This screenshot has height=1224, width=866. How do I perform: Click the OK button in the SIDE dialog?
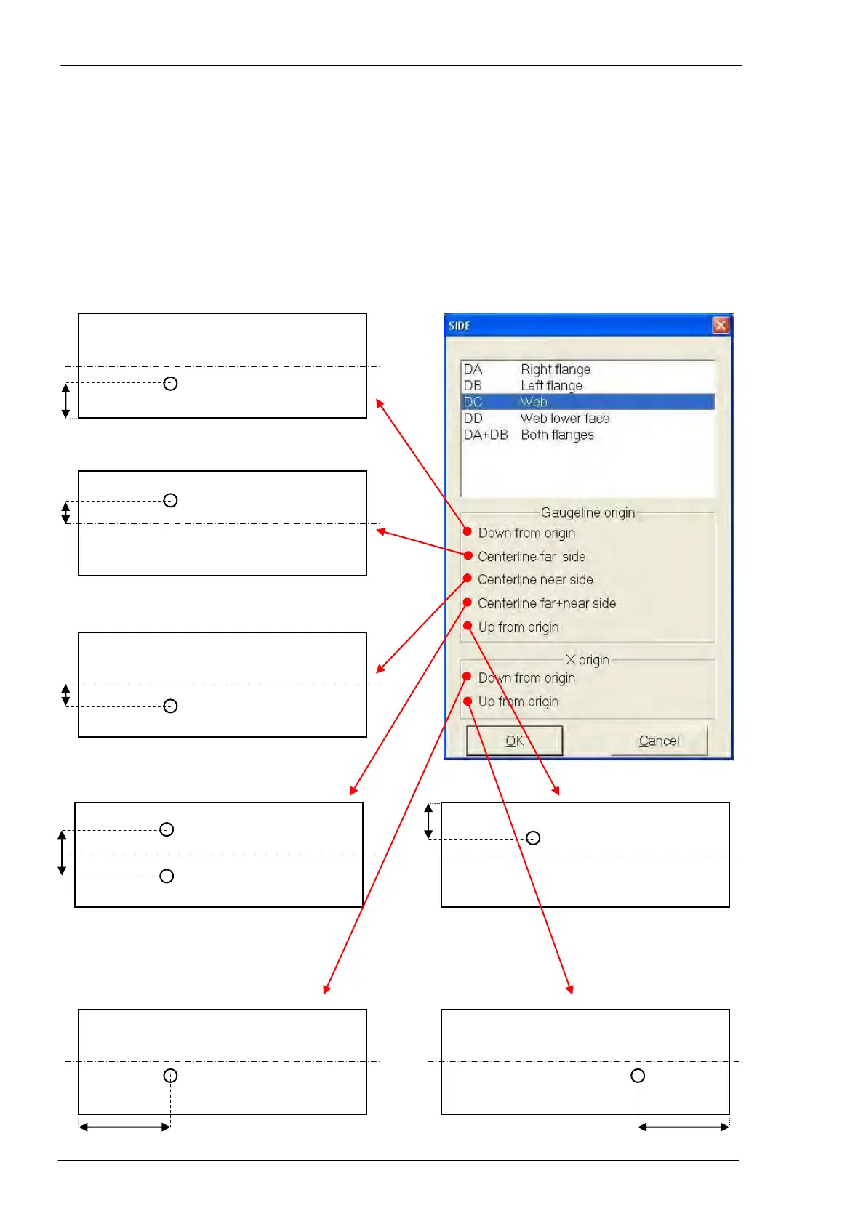pos(514,741)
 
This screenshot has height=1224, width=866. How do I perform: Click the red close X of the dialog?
pos(720,325)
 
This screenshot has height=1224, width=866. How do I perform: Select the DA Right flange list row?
pos(527,369)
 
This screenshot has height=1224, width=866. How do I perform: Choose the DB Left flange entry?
pos(523,385)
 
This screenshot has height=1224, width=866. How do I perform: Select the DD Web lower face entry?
pos(537,419)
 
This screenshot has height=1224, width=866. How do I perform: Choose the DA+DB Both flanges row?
pos(529,435)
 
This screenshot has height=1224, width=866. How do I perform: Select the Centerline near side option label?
pos(535,579)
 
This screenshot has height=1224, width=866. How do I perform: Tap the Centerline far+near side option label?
pos(547,603)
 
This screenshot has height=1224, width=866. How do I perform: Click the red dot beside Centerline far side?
pos(468,556)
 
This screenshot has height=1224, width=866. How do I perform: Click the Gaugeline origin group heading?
pos(588,512)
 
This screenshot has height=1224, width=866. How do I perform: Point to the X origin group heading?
pos(588,660)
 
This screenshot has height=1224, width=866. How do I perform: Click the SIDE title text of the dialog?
pos(460,326)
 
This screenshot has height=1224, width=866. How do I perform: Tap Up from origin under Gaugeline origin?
pos(518,627)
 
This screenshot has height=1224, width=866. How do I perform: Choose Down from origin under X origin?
pos(526,678)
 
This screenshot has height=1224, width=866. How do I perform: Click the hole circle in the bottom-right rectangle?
pos(638,1076)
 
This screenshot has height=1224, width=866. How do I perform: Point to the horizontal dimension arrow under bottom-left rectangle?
pos(124,1127)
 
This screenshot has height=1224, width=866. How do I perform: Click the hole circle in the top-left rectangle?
pos(170,384)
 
